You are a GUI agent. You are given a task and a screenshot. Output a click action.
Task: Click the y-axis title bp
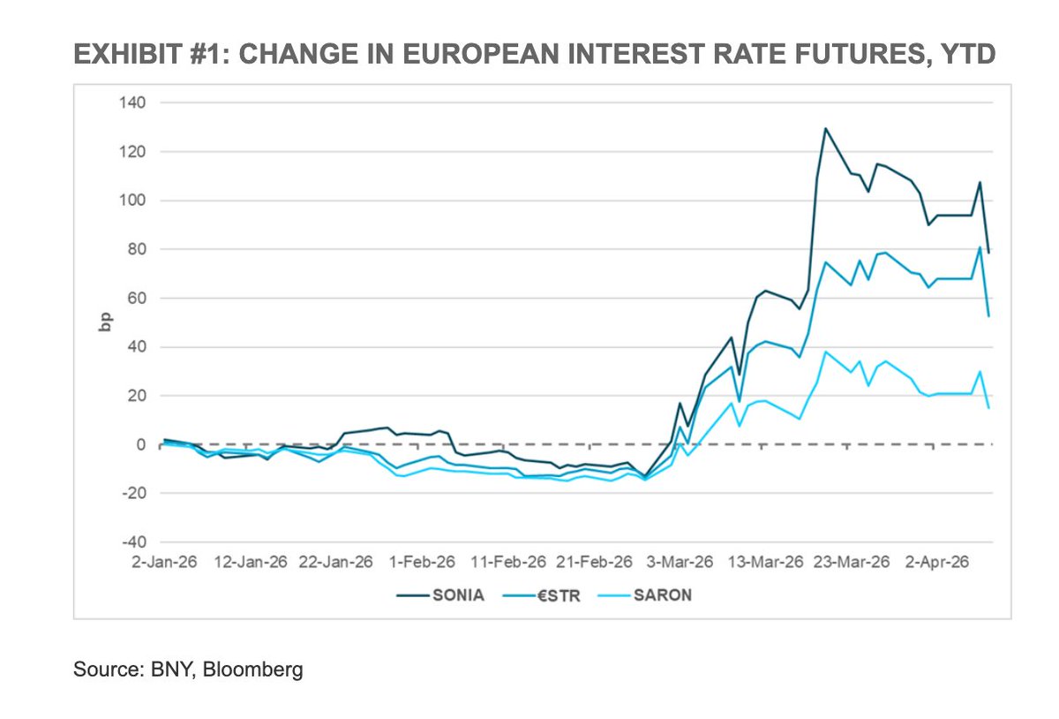pyautogui.click(x=103, y=322)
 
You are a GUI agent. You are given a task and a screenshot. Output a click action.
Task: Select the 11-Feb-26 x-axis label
pyautogui.click(x=510, y=562)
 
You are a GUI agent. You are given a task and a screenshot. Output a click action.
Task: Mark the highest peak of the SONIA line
pyautogui.click(x=825, y=129)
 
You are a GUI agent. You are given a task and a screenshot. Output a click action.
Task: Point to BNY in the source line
pyautogui.click(x=173, y=670)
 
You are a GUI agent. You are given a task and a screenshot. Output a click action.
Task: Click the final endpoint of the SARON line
pyautogui.click(x=988, y=407)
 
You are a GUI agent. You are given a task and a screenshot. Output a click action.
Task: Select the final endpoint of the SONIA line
pyautogui.click(x=988, y=253)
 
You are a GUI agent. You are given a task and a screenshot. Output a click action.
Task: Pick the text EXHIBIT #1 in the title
pyautogui.click(x=146, y=55)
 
